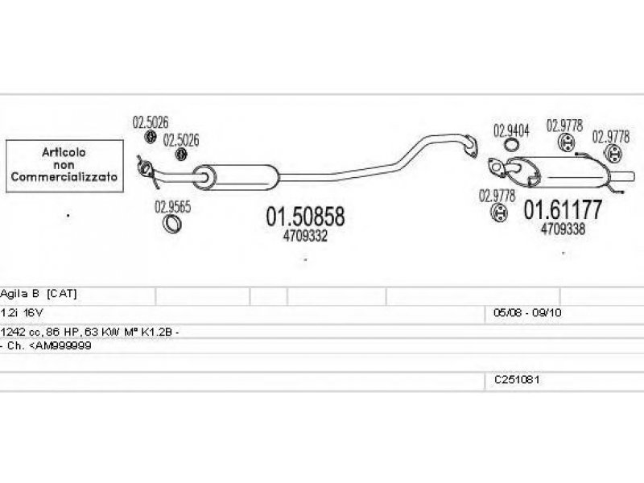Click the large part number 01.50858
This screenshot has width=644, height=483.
[305, 217]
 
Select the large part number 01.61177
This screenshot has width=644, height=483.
[563, 209]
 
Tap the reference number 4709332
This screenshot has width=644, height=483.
[305, 236]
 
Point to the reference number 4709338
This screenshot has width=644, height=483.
[563, 229]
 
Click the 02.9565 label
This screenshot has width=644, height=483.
[172, 207]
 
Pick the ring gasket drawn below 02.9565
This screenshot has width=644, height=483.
[172, 224]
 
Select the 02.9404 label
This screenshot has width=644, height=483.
[511, 131]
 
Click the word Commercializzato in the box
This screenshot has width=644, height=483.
[64, 177]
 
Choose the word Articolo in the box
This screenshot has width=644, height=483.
[64, 152]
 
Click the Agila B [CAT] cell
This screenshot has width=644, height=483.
[39, 294]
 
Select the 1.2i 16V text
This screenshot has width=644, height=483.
[22, 313]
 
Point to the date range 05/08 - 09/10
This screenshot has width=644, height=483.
[527, 313]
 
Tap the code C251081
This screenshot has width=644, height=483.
[517, 380]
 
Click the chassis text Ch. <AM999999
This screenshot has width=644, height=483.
[49, 346]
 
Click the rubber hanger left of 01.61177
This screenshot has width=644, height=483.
[499, 213]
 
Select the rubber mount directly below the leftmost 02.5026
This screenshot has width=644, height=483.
[151, 137]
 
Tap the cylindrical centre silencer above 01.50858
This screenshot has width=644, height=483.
[236, 177]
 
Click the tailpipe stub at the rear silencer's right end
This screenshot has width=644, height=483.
[621, 177]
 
